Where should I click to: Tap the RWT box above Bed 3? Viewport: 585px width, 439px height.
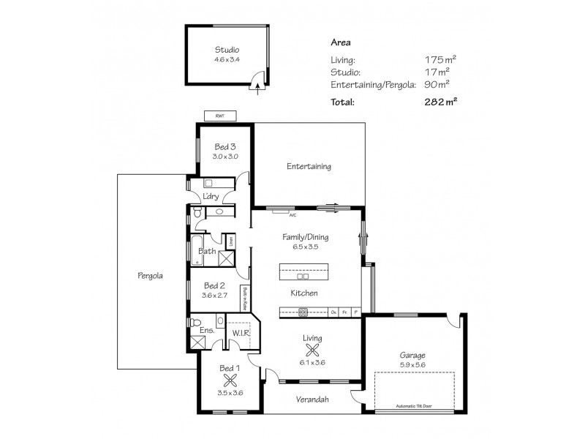pos(219,116)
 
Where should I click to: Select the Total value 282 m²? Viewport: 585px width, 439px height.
pos(441,102)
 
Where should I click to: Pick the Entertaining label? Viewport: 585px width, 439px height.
pos(309,167)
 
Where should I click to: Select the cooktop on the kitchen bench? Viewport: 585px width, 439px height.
pos(304,312)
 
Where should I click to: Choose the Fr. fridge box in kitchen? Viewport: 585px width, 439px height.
pos(344,312)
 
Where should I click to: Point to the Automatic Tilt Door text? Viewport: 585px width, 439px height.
pos(415,406)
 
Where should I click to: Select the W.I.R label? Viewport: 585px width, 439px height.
pos(242,333)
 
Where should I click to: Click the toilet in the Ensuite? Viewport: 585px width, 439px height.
pos(194,321)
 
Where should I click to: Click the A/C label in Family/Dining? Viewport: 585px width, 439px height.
pos(292,216)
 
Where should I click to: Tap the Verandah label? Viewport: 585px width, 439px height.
pos(312,399)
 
